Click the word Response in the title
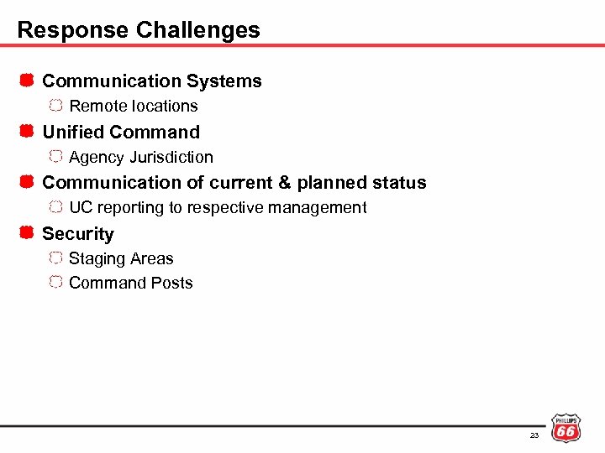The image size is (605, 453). (65, 30)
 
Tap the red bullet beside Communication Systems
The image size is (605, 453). (26, 81)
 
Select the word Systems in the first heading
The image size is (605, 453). (224, 81)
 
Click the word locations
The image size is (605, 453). (166, 107)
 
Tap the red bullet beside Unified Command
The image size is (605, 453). (26, 132)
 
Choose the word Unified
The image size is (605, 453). (73, 132)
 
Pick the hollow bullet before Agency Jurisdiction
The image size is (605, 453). (55, 156)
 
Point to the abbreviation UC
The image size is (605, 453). (81, 207)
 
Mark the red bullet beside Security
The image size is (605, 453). (26, 233)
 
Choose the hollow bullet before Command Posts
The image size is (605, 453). (55, 283)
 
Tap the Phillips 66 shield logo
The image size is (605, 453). (566, 428)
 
